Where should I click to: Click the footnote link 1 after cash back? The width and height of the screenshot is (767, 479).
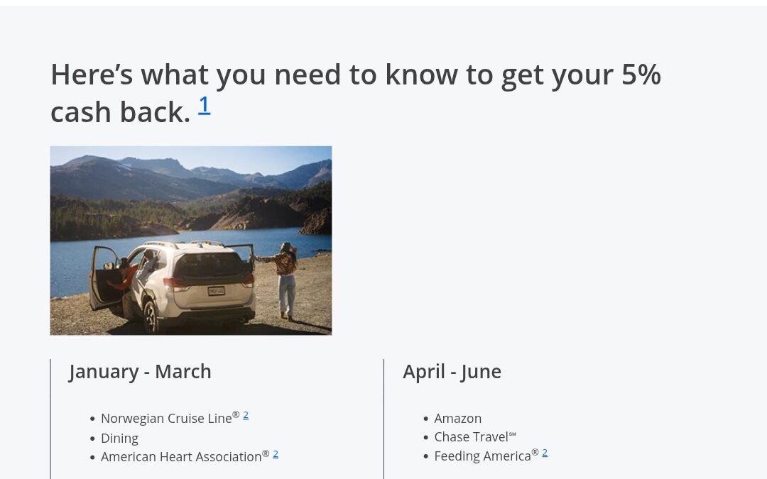[204, 105]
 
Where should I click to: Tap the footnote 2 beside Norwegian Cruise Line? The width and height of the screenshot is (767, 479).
[246, 415]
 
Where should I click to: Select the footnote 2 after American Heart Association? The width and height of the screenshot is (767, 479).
[276, 454]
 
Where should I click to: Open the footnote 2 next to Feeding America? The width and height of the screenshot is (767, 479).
[545, 453]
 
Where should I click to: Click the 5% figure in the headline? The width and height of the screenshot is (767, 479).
[641, 75]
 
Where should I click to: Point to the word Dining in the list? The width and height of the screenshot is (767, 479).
[119, 438]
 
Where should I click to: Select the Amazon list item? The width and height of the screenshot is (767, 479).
[457, 418]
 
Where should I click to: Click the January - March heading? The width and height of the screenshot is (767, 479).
[140, 371]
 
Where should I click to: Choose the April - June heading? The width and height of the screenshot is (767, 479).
[452, 371]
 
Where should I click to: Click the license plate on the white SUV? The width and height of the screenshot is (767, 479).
[216, 290]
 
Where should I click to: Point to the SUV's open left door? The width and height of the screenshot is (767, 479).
[102, 277]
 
